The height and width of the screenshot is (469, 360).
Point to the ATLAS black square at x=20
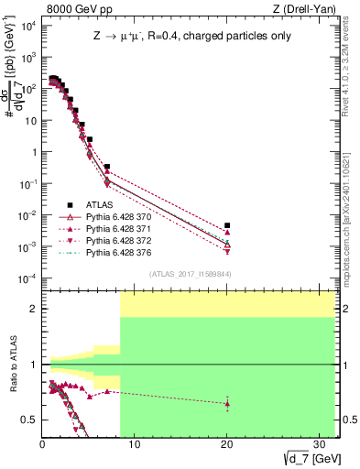pyautogui.click(x=227, y=225)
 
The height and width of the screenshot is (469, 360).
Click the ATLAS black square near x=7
pyautogui.click(x=107, y=168)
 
